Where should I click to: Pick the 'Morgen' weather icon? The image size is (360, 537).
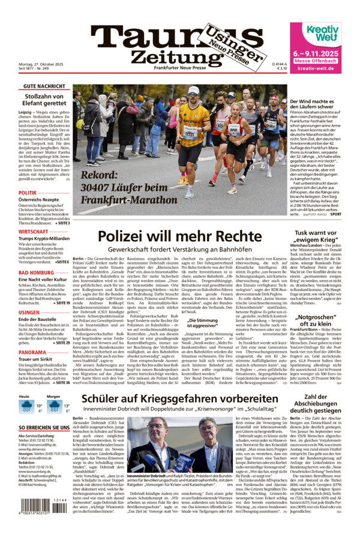53,406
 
